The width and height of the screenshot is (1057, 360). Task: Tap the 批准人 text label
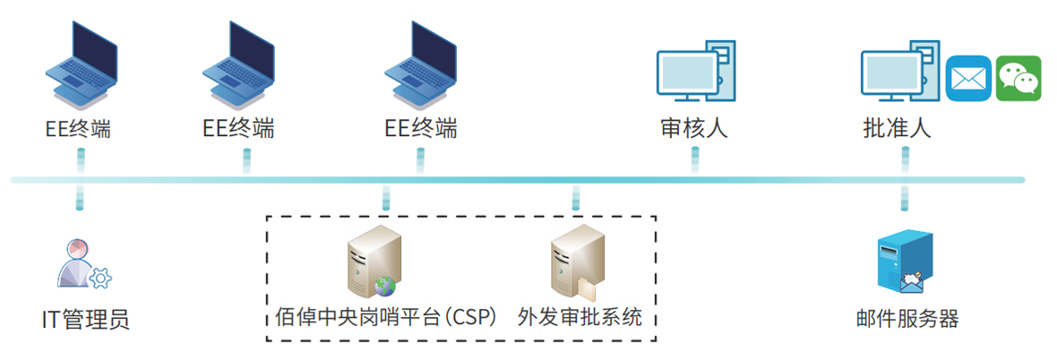tap(897, 129)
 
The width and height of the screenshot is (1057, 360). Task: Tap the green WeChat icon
tap(1019, 79)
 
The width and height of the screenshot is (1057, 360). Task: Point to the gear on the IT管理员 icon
tap(100, 279)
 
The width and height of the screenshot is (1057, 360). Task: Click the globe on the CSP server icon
tap(385, 287)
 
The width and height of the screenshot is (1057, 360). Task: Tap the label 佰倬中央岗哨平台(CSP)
tap(386, 318)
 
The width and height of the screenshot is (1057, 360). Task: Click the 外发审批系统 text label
tap(580, 318)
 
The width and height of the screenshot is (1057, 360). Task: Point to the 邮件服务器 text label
tap(907, 319)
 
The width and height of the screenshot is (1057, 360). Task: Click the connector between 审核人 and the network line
tap(694, 159)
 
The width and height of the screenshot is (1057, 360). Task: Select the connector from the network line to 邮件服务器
tap(905, 199)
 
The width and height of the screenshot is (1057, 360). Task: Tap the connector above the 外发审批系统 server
tap(576, 199)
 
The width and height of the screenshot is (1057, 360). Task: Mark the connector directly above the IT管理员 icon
tap(80, 199)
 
